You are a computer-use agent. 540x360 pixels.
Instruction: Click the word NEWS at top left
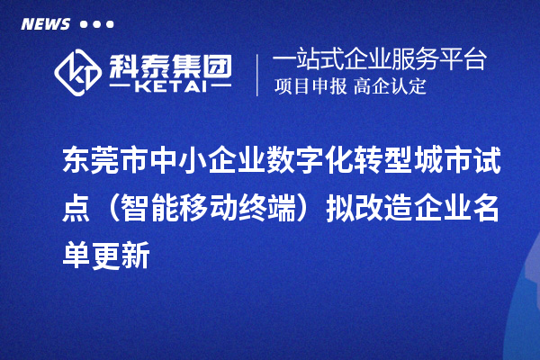[x=45, y=24]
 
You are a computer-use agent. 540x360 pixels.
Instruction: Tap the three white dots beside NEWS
[x=96, y=25]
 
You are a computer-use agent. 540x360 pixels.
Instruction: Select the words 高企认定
[x=390, y=87]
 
